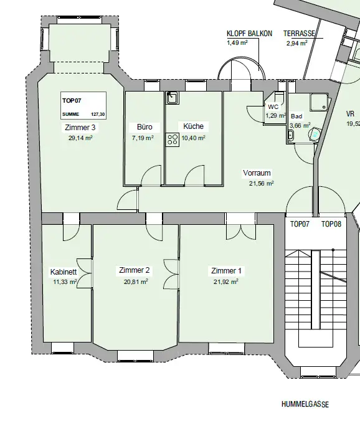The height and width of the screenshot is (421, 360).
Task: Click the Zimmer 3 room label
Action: coord(80,127)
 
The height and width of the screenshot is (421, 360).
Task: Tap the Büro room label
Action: coord(144,126)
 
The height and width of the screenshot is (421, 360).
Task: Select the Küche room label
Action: coord(193,126)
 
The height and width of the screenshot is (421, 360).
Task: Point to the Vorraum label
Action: coord(257,173)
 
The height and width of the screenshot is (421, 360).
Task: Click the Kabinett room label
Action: coord(64,272)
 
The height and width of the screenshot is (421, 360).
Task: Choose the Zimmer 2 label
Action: coord(135,270)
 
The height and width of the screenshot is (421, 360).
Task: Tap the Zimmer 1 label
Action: coord(226,271)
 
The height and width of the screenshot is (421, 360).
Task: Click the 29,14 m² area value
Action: coord(80,138)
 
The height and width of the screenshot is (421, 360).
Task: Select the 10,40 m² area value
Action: coord(194,138)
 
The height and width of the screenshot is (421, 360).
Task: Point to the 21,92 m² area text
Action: coord(225,282)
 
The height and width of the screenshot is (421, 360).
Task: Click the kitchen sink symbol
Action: coord(172,98)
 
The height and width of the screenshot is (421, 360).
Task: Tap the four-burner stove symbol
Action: coord(173,140)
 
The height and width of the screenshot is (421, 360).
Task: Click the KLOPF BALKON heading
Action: coord(249,34)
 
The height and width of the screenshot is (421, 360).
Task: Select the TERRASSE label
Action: coord(299,34)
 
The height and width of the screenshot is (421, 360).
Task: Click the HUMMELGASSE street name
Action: coord(305,404)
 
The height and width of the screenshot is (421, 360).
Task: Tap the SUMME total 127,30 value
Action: coord(98,115)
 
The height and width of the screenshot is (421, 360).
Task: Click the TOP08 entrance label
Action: coord(331,224)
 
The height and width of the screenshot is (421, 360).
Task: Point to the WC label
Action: coord(273,107)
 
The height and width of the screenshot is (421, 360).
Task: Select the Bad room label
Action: coord(296,116)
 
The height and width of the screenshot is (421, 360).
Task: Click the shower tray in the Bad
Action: coord(319,102)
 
